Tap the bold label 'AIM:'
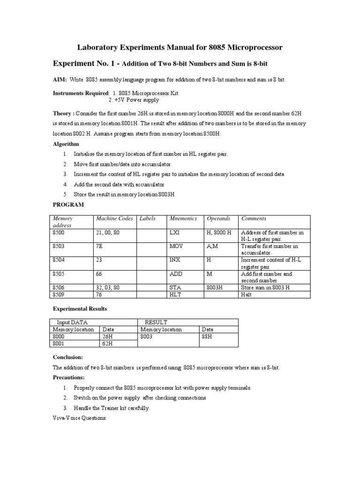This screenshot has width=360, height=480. click(60, 80)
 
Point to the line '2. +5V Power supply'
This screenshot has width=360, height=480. click(134, 100)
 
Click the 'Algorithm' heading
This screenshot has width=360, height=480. click(66, 144)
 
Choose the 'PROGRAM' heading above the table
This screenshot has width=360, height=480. click(68, 205)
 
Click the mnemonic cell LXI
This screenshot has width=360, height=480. click(174, 232)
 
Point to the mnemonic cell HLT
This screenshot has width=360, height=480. click(175, 295)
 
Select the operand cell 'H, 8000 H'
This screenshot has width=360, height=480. click(219, 232)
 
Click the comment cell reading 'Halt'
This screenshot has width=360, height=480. click(246, 295)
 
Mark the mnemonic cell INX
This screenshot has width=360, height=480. click(175, 260)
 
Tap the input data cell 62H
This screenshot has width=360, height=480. click(108, 343)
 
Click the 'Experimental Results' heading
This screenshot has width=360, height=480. click(80, 309)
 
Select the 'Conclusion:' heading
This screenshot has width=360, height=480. click(67, 357)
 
